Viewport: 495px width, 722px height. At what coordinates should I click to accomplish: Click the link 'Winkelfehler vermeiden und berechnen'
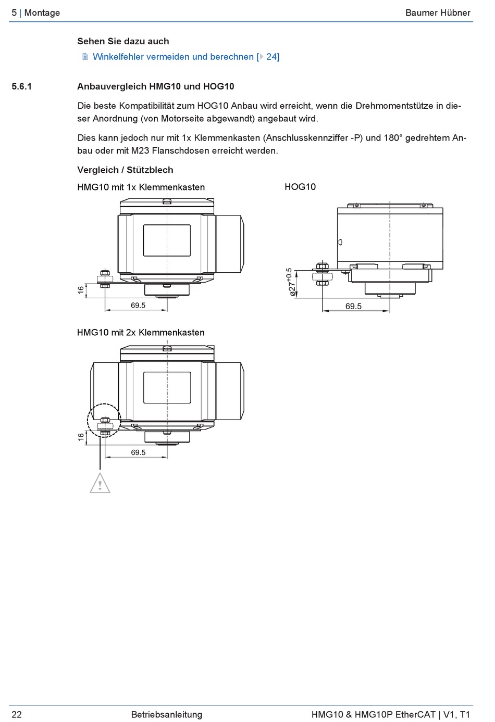point(173,57)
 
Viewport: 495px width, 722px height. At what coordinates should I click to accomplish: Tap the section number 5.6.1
point(22,86)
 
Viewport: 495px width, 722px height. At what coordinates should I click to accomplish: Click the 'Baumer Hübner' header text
point(438,12)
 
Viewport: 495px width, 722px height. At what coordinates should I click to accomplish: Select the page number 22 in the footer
point(17,714)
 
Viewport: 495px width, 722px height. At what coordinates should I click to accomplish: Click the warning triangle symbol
point(100,484)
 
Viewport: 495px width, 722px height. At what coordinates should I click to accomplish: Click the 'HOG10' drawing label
point(300,187)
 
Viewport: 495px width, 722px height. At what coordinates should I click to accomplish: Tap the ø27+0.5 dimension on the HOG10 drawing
point(291,282)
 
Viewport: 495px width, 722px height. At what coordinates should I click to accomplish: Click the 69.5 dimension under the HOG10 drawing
point(353,306)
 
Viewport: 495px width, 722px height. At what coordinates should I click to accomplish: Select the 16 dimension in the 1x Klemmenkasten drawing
point(81,290)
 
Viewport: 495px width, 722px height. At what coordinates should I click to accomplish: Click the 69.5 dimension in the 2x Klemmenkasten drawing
point(138,452)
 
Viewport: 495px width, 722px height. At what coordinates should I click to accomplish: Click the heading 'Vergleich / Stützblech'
point(125,170)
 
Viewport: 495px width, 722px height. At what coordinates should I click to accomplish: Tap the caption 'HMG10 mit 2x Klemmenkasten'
point(141,332)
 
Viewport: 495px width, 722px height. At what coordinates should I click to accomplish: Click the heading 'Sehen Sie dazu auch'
point(123,41)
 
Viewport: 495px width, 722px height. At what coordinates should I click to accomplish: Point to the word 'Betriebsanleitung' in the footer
point(167,714)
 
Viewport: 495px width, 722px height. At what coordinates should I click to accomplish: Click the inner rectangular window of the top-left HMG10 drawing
point(166,240)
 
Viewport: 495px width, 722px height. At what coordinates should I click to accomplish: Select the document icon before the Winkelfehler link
point(85,57)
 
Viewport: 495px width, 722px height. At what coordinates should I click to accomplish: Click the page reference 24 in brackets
point(272,57)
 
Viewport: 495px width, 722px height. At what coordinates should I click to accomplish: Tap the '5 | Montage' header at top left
point(36,12)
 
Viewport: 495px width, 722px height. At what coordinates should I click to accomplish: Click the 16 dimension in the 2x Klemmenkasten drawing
point(81,437)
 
